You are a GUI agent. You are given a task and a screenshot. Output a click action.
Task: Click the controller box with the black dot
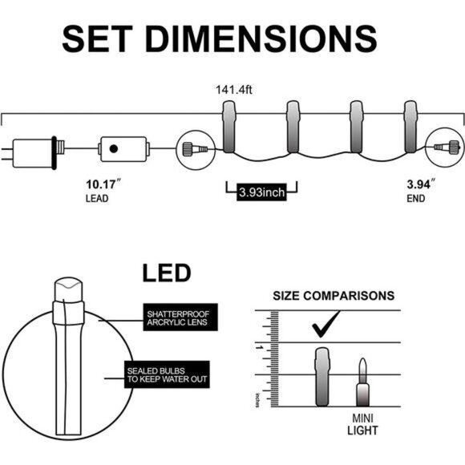(123, 149)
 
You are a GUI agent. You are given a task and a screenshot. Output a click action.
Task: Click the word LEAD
(99, 198)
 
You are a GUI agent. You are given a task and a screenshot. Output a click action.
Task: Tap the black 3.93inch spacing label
(262, 192)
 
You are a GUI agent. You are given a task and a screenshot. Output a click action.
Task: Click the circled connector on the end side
(446, 149)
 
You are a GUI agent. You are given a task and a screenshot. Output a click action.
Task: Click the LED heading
(167, 273)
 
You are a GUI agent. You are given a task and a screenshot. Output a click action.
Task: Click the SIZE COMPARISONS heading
(334, 296)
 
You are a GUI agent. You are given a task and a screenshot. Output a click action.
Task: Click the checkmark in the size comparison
(325, 326)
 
